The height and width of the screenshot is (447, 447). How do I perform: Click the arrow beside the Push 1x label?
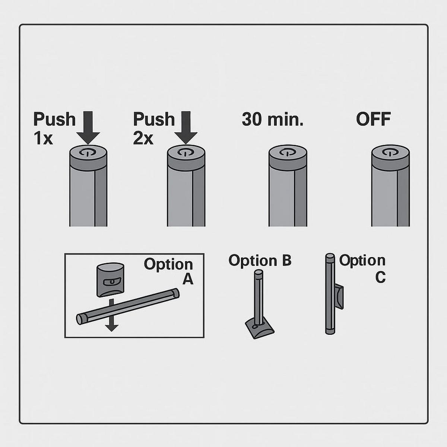88,128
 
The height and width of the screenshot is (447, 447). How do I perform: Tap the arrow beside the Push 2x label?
186,128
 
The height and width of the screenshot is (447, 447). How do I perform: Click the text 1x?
43,139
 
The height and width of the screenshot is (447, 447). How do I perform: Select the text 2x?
143,139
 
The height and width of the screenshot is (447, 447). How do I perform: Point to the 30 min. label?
273,120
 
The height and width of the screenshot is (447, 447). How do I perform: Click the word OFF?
373,120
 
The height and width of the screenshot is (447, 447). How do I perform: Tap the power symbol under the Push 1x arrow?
87,152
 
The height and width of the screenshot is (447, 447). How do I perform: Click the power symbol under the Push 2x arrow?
185,152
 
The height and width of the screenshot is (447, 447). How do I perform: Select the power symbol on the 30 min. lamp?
287,152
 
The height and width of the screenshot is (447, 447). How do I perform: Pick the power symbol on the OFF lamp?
390,152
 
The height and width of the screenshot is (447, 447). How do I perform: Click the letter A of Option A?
188,279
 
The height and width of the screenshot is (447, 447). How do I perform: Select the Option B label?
260,260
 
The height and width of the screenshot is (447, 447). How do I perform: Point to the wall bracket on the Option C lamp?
339,297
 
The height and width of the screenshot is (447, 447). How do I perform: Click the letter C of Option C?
380,277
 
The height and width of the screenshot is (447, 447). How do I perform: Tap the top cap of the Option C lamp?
330,257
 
